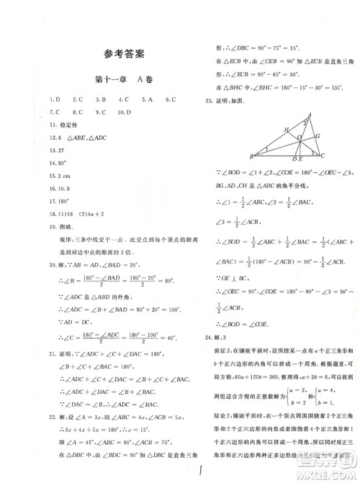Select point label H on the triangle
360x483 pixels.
[287, 129]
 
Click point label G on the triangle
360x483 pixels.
[317, 135]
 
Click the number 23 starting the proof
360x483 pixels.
[209, 100]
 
